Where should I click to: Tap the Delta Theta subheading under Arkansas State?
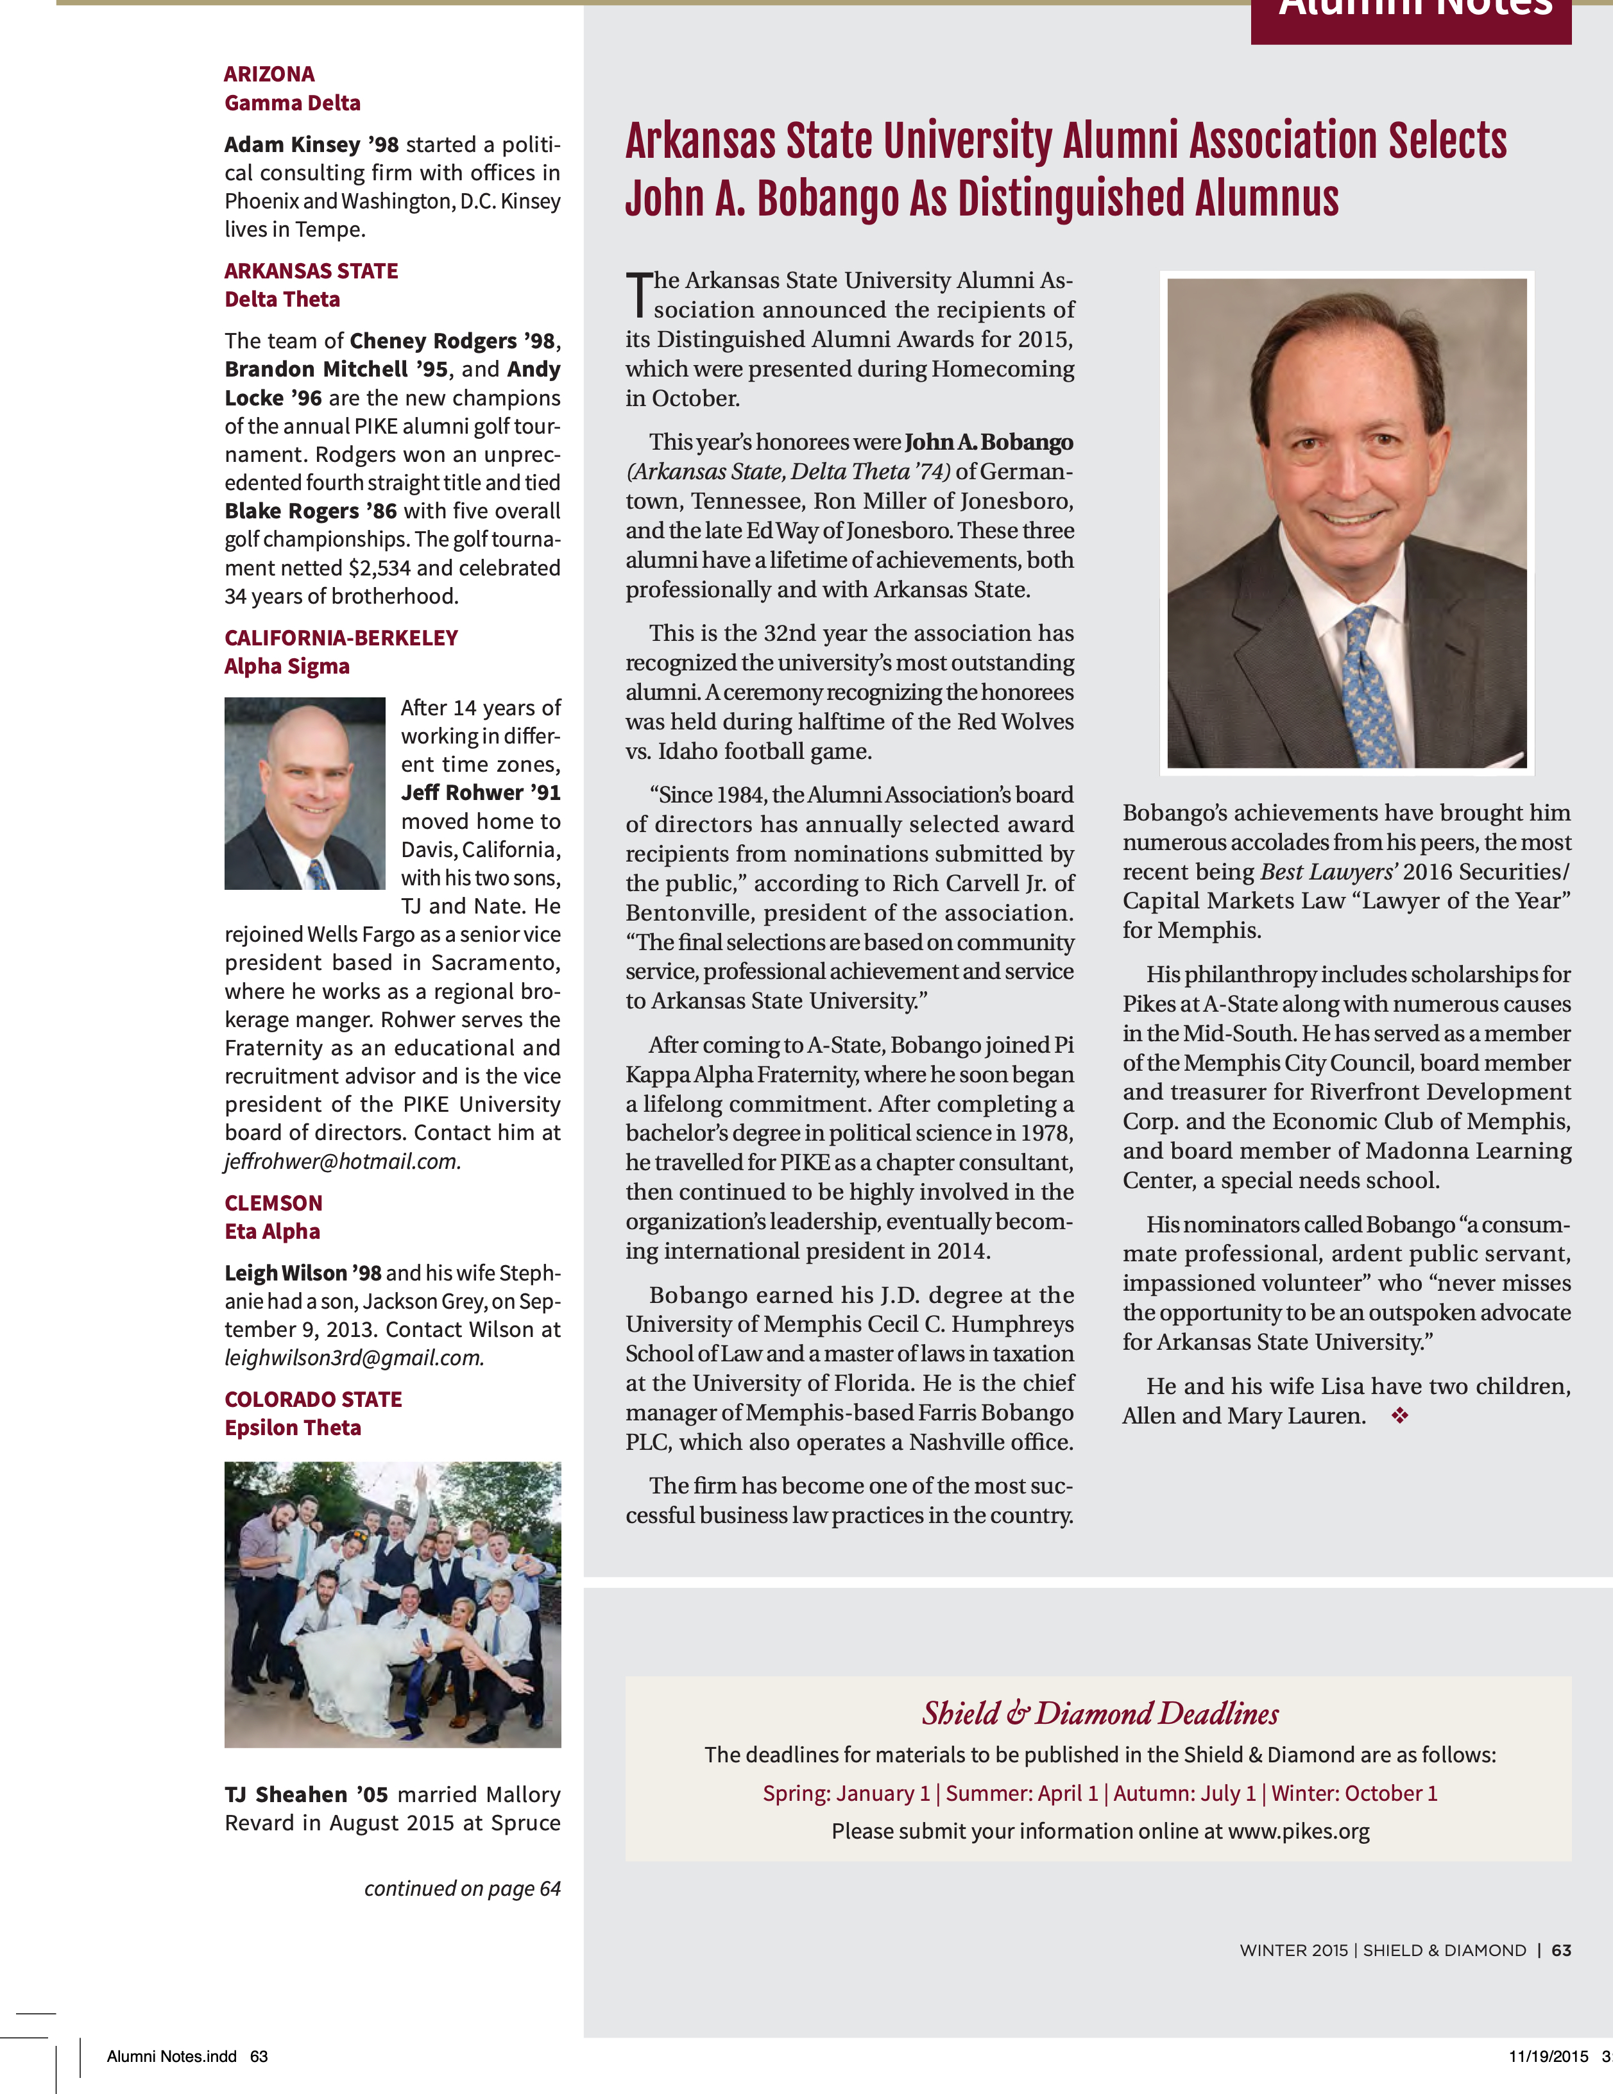[x=282, y=300]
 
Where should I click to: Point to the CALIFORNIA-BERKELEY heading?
[x=341, y=638]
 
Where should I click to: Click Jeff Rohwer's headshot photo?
[x=304, y=793]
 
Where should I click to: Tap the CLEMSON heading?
[x=273, y=1204]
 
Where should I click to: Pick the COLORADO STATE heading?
[x=312, y=1400]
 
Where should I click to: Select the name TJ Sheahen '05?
[x=307, y=1795]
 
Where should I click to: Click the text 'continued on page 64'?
[x=461, y=1889]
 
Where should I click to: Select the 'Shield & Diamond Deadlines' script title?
[x=1099, y=1714]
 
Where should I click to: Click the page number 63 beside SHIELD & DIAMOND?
[x=1560, y=1950]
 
